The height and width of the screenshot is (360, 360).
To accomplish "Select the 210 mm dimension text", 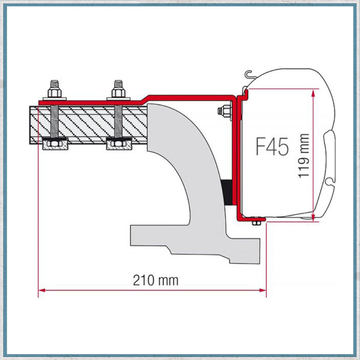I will click(x=155, y=280).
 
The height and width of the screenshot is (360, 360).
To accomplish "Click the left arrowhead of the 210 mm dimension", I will click(x=41, y=290).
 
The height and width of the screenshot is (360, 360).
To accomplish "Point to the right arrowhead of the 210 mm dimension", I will click(x=263, y=290).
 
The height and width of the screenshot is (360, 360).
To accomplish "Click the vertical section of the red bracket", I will click(x=236, y=158).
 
